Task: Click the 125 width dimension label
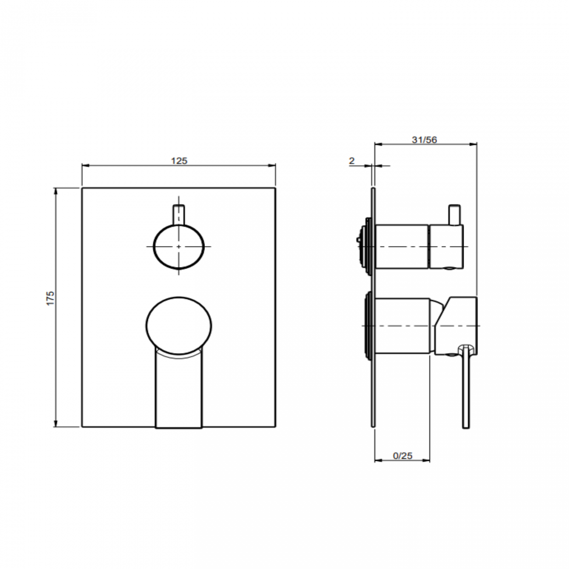(179, 161)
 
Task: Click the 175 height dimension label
(51, 298)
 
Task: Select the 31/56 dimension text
(424, 140)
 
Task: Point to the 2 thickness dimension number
(351, 161)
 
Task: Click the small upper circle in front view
(179, 247)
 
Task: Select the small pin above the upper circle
(179, 213)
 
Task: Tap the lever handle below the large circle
(179, 390)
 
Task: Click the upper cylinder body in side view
(402, 247)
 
